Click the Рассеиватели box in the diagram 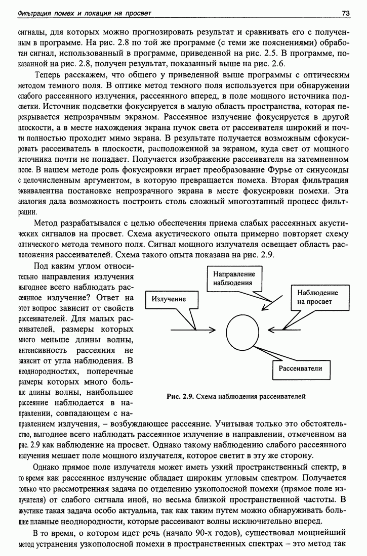[300, 368]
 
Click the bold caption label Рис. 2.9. [180, 397]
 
